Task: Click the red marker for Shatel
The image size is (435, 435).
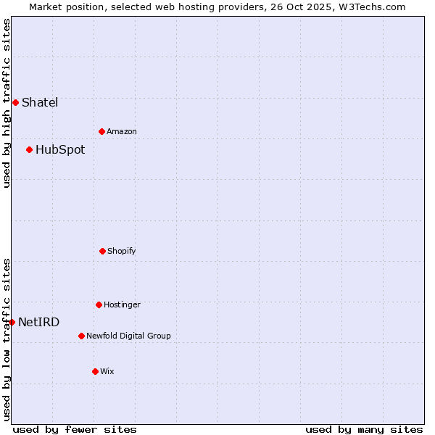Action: click(x=15, y=102)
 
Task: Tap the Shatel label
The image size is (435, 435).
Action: click(x=40, y=102)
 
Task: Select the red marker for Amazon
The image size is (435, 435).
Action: click(x=101, y=131)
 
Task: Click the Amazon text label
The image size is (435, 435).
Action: click(x=122, y=131)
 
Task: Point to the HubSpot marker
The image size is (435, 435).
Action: click(x=29, y=149)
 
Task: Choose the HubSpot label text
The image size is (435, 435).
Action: click(x=60, y=150)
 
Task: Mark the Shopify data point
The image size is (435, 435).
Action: click(x=102, y=251)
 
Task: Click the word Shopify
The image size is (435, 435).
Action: click(x=122, y=251)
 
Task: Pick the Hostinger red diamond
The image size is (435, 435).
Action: click(x=99, y=304)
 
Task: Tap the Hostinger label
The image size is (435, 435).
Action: click(x=122, y=304)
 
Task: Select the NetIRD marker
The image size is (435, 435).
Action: click(x=12, y=322)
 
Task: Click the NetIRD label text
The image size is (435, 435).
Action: click(x=39, y=323)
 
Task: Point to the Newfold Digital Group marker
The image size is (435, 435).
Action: click(x=81, y=336)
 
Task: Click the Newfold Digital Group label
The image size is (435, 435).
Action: click(x=129, y=336)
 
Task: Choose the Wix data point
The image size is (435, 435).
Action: click(x=95, y=371)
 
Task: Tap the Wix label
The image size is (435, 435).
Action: click(x=107, y=371)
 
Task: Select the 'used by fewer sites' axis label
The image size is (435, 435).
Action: click(x=75, y=429)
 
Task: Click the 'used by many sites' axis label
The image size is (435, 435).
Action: click(x=364, y=429)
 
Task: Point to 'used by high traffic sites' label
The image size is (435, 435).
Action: click(x=7, y=103)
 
